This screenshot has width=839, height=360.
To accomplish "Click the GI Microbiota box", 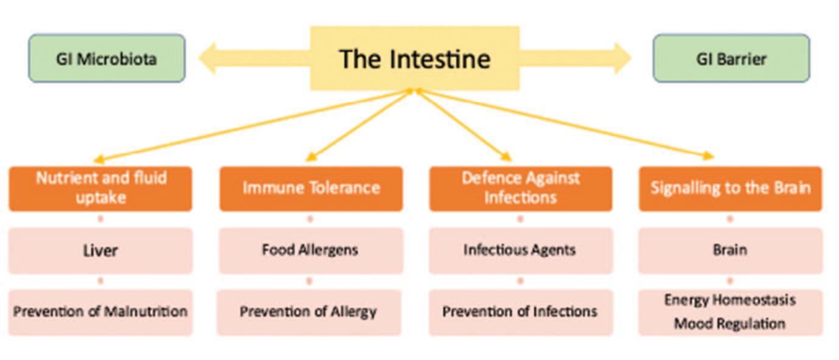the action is [106, 58].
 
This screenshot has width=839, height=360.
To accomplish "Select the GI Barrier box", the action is [731, 58].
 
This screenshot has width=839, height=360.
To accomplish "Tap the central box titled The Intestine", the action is [415, 58].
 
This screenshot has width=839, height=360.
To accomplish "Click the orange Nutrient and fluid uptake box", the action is [100, 189].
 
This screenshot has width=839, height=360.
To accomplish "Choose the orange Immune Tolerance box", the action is [311, 189].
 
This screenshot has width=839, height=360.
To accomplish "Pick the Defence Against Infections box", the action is [520, 189].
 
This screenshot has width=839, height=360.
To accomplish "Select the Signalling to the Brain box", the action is [730, 189].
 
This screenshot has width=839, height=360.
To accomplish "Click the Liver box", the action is [100, 251].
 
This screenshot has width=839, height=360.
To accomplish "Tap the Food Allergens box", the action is [310, 251].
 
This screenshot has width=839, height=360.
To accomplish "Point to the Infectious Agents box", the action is [520, 251].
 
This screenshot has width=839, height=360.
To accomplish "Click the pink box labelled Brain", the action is [730, 251].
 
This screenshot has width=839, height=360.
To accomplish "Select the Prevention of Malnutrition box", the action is [100, 312].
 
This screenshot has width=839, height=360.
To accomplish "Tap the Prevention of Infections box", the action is [520, 312].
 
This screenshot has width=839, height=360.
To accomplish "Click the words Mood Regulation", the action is [729, 324].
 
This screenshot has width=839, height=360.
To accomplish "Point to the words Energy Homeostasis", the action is [729, 300].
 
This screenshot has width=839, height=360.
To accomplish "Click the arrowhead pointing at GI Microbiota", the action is [208, 58].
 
